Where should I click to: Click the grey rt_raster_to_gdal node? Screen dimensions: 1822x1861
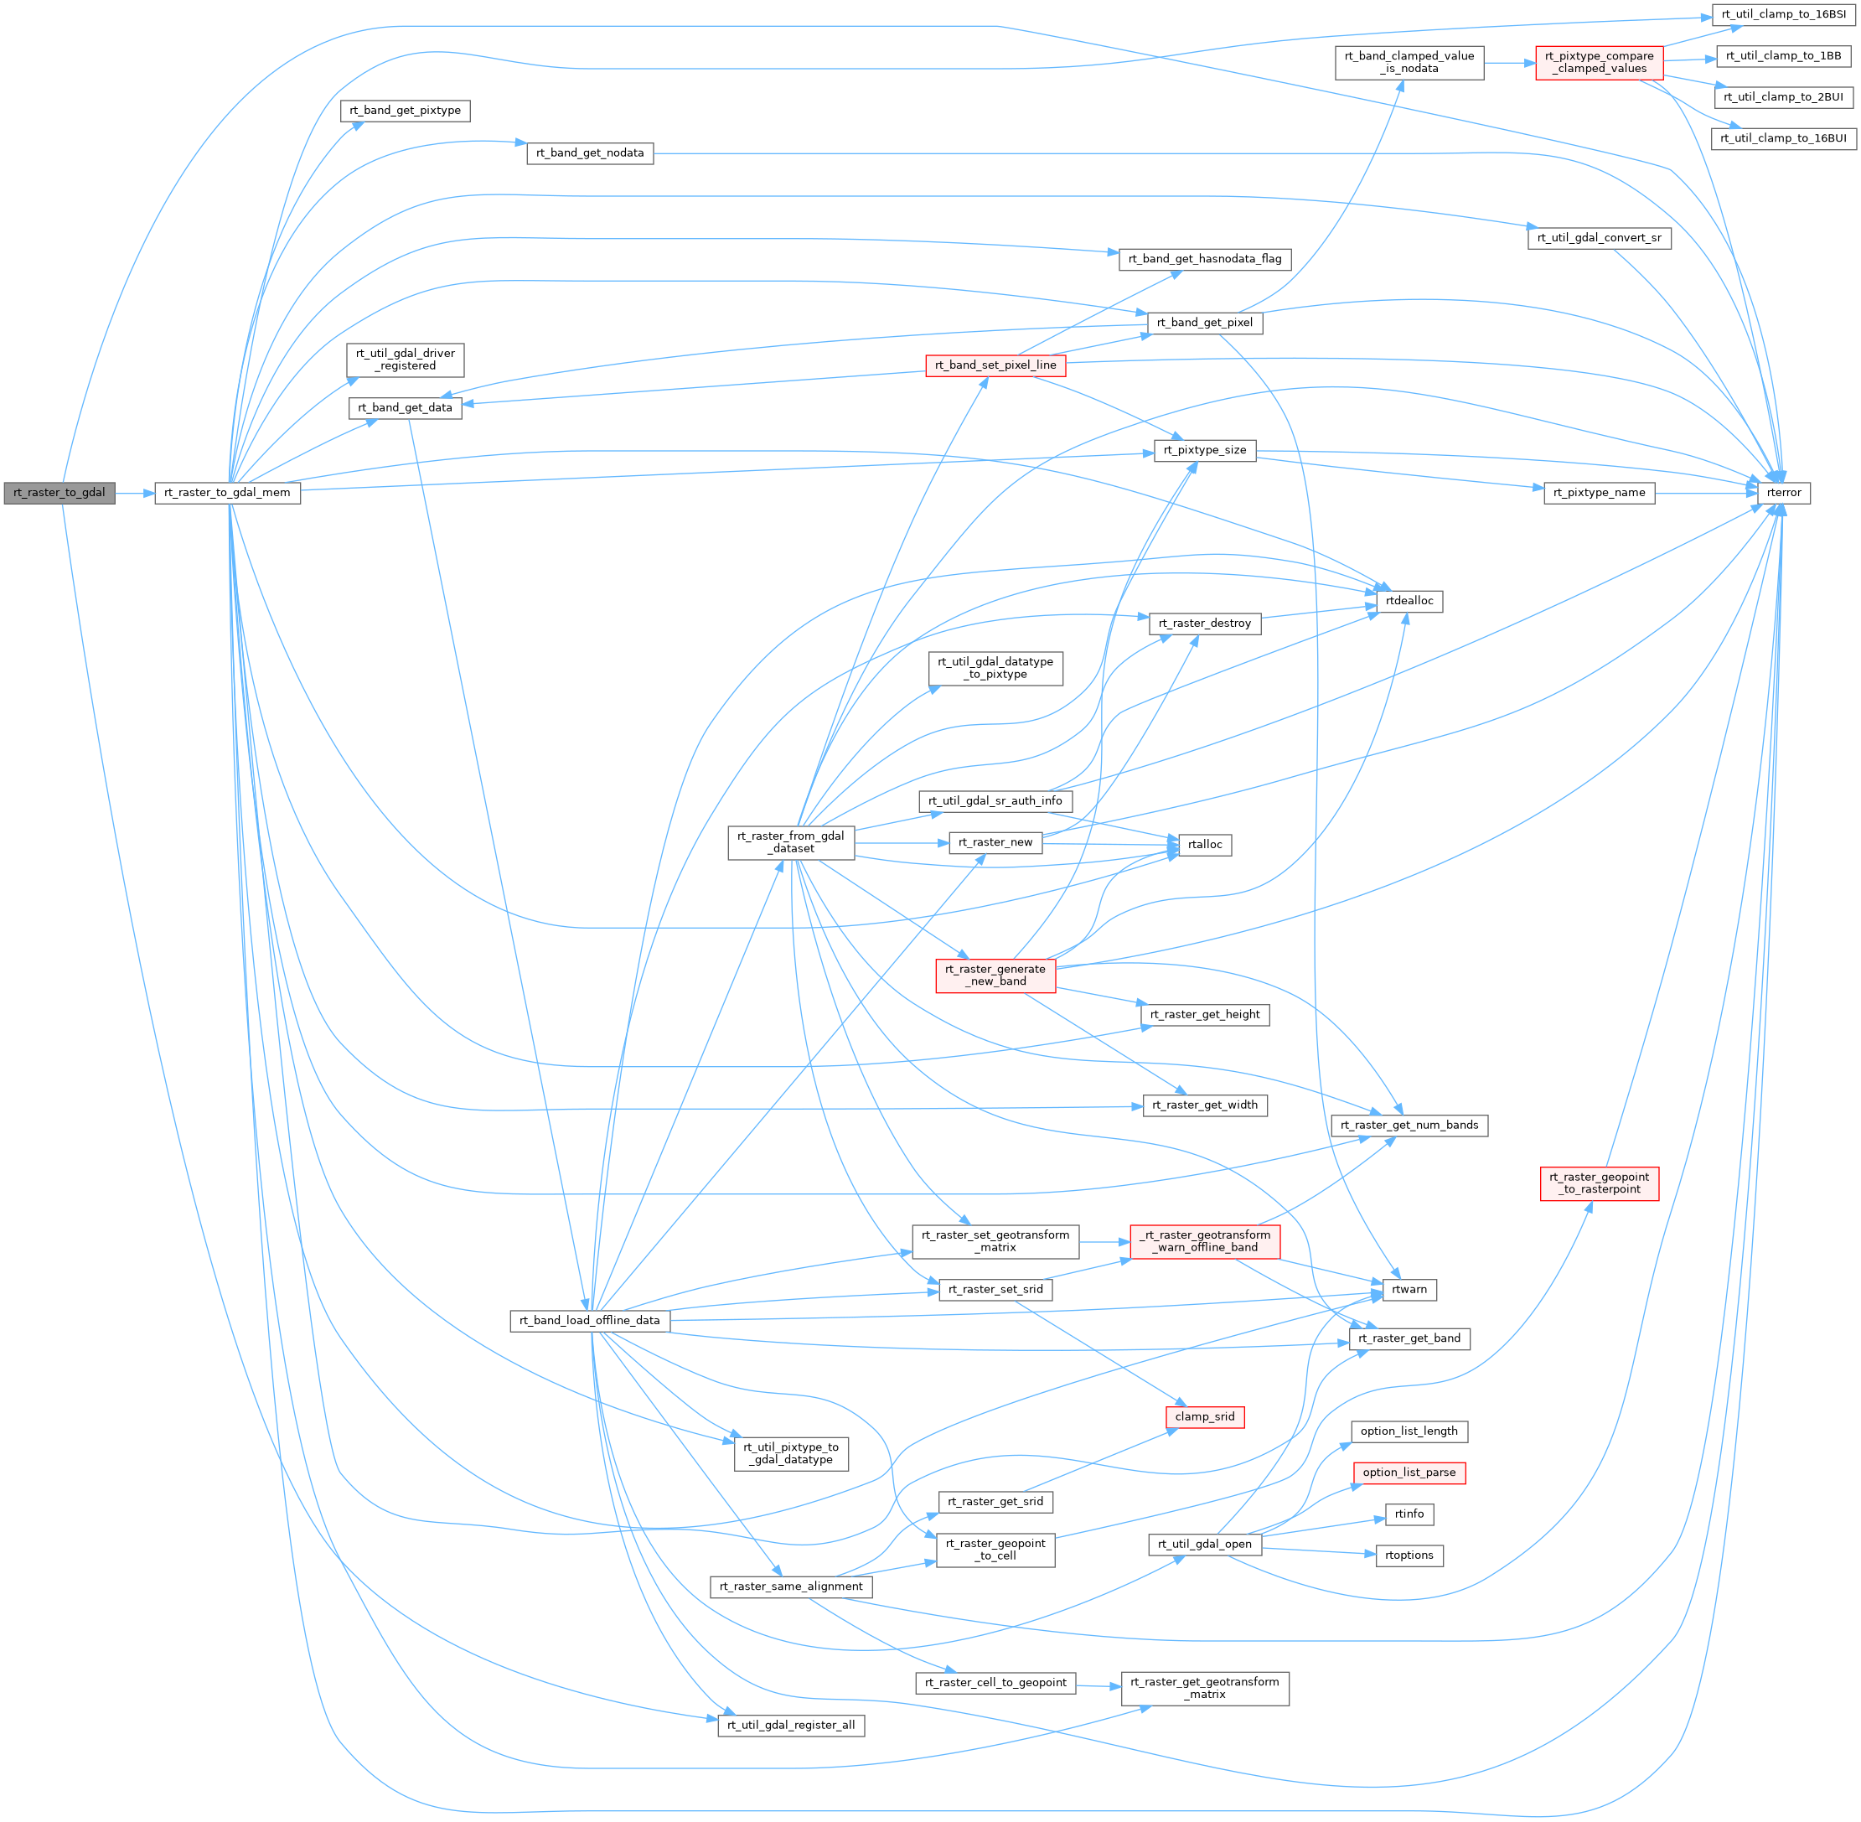(59, 493)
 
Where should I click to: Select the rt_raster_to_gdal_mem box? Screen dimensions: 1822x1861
(227, 493)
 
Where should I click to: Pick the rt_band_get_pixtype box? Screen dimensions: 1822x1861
(405, 111)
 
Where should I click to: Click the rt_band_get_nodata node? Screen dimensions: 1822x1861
(589, 153)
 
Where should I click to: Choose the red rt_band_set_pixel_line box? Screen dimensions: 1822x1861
(995, 365)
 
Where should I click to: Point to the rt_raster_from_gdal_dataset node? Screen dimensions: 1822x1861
(790, 842)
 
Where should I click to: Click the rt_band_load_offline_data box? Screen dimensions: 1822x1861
(589, 1321)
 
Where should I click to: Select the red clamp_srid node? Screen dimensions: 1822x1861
(1205, 1416)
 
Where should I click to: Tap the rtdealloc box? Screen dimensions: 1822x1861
(1409, 601)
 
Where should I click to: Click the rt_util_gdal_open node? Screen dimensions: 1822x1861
(1205, 1545)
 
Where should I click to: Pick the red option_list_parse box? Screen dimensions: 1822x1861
(1409, 1473)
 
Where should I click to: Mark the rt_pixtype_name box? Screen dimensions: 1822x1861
(1599, 493)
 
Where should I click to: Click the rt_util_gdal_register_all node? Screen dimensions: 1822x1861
(790, 1726)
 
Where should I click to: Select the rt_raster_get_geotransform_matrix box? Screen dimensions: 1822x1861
(1205, 1688)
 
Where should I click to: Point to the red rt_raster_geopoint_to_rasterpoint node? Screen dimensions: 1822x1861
(1599, 1183)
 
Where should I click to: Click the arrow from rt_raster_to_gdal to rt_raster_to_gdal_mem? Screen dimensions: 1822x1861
(135, 494)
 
